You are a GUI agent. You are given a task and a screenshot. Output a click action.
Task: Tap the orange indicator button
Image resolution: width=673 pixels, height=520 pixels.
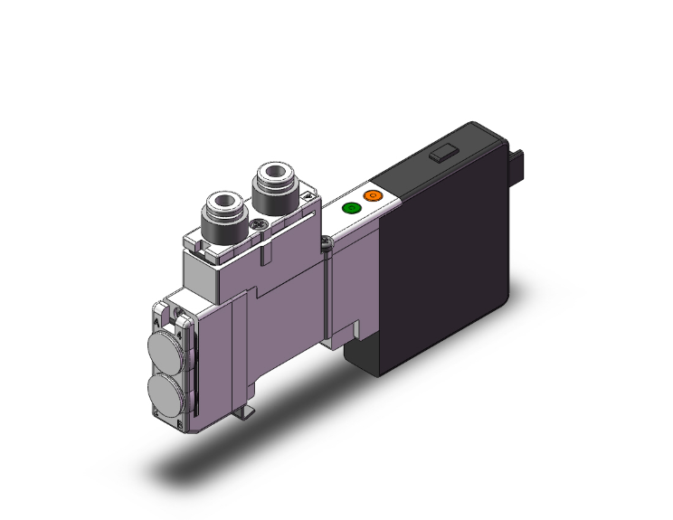pyautogui.click(x=371, y=195)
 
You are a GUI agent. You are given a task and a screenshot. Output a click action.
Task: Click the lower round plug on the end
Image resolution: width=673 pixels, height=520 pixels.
pyautogui.click(x=163, y=390)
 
